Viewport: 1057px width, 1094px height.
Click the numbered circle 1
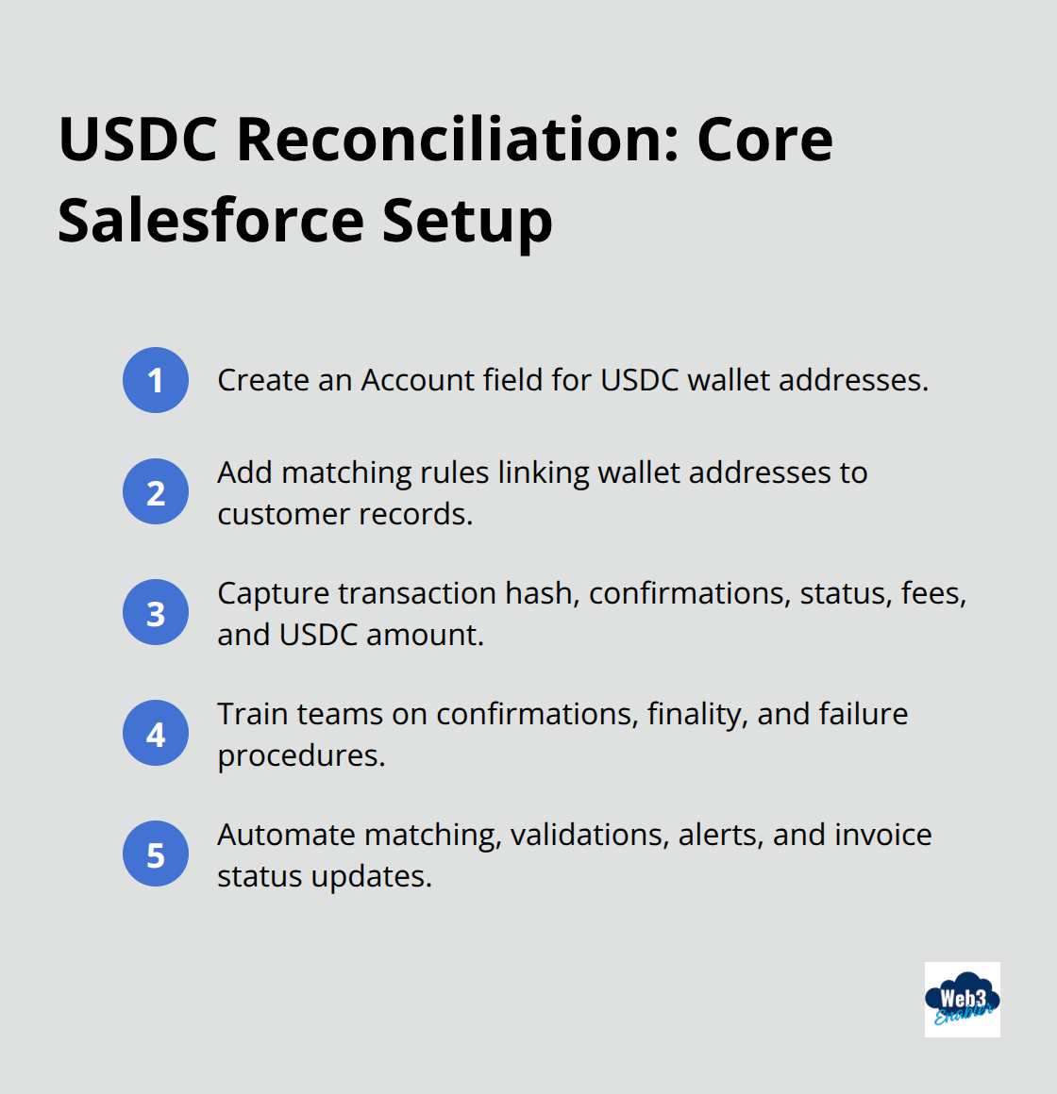point(156,380)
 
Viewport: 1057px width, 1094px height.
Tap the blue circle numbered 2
point(156,491)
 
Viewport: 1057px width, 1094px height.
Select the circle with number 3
point(156,612)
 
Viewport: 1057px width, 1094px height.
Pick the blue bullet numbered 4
point(156,733)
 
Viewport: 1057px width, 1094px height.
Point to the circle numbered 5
point(156,854)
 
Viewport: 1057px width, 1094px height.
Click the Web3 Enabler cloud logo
point(962,1000)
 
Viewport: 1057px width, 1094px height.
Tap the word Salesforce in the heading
point(210,221)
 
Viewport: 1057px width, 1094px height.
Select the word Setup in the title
point(467,221)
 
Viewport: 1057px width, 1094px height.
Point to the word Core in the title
point(764,140)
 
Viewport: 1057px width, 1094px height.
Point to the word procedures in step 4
point(300,755)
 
